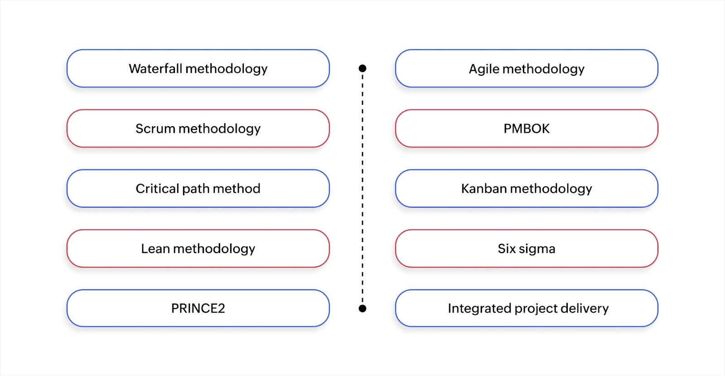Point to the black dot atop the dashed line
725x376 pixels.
point(362,68)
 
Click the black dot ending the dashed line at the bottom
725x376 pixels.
point(362,309)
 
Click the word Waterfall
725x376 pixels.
point(155,69)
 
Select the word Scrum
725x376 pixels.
point(155,129)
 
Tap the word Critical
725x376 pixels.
point(157,189)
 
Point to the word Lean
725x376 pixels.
point(155,248)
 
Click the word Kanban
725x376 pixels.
point(483,189)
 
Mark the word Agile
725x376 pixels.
point(484,69)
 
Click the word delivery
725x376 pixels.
point(585,308)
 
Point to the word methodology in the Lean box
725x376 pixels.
point(214,248)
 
